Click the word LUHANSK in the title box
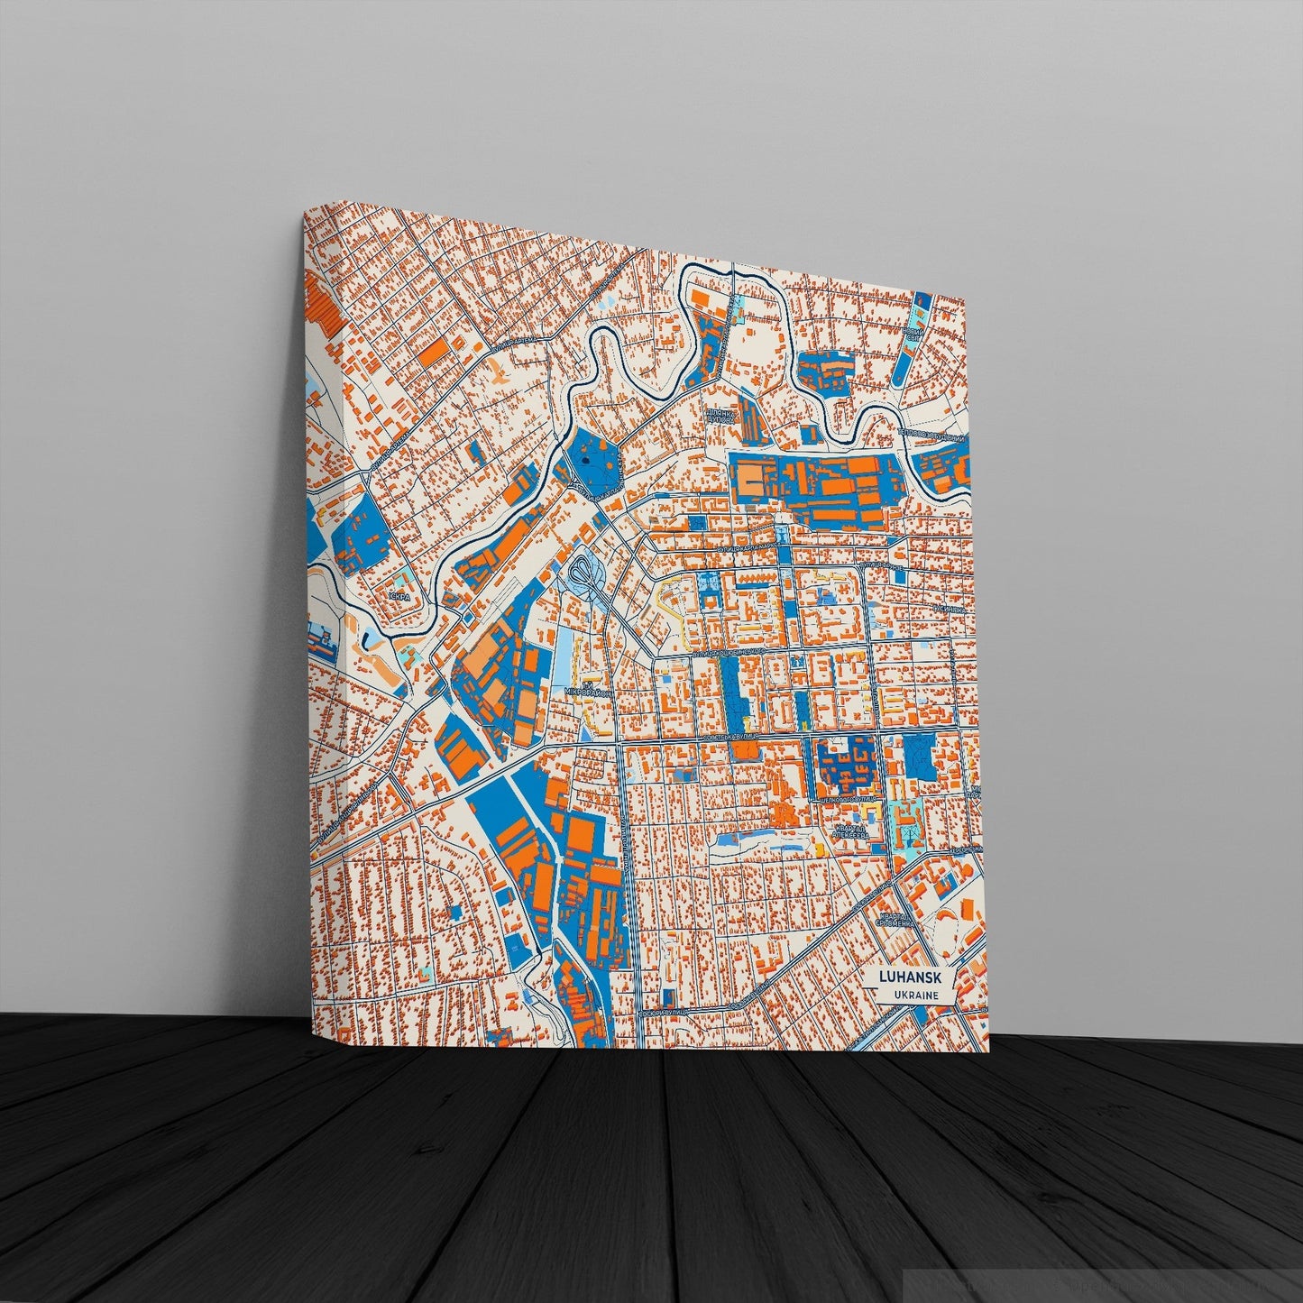(x=913, y=978)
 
